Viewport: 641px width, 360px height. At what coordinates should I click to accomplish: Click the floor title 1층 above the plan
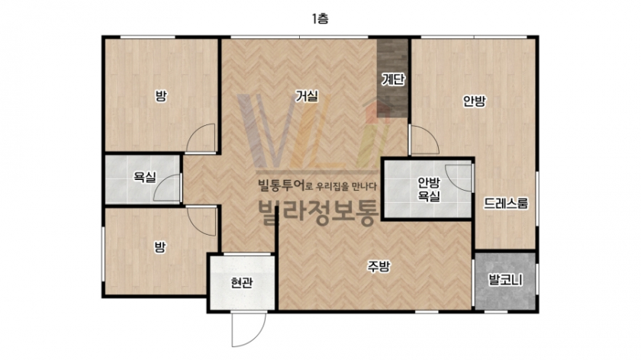(320, 19)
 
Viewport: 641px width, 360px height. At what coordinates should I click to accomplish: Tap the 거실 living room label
(307, 96)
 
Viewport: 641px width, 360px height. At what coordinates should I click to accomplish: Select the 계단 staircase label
(393, 79)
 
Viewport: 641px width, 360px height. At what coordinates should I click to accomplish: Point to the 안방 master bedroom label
(474, 101)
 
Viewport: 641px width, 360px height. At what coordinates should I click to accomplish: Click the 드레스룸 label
(506, 203)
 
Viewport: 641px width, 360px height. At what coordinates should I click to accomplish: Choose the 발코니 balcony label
(506, 281)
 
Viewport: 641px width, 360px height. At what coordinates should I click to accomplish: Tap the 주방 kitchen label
(378, 266)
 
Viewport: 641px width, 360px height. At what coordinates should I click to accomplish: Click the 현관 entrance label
(241, 282)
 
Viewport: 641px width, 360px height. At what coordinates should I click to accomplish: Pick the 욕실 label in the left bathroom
(145, 177)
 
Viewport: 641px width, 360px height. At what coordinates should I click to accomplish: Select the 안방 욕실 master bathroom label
(428, 189)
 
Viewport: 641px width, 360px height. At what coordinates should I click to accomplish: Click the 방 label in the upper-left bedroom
(161, 96)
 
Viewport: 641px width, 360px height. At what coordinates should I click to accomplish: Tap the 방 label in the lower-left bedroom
(159, 247)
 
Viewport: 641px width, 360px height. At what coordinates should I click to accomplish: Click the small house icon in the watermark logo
(378, 111)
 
